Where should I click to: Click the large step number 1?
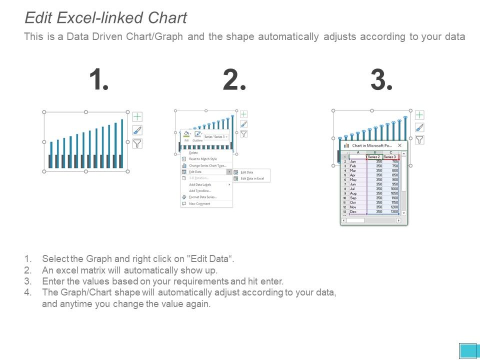pos(98,80)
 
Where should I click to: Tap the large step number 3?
pos(381,80)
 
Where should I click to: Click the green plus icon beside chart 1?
pos(137,117)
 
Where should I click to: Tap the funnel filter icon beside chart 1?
pos(137,143)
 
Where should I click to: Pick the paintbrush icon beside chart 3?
pos(419,127)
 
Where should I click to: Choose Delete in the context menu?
pos(193,152)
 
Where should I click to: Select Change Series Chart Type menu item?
pos(207,165)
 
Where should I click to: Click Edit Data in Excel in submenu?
pos(252,178)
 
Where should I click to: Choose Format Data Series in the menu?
pos(202,197)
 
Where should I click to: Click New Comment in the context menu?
pos(199,203)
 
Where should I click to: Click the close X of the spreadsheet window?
pos(399,145)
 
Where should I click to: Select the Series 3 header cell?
pos(390,156)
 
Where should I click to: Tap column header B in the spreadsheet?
pos(374,152)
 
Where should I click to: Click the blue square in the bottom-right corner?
pos(468,350)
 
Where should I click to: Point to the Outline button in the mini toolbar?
pos(198,136)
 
